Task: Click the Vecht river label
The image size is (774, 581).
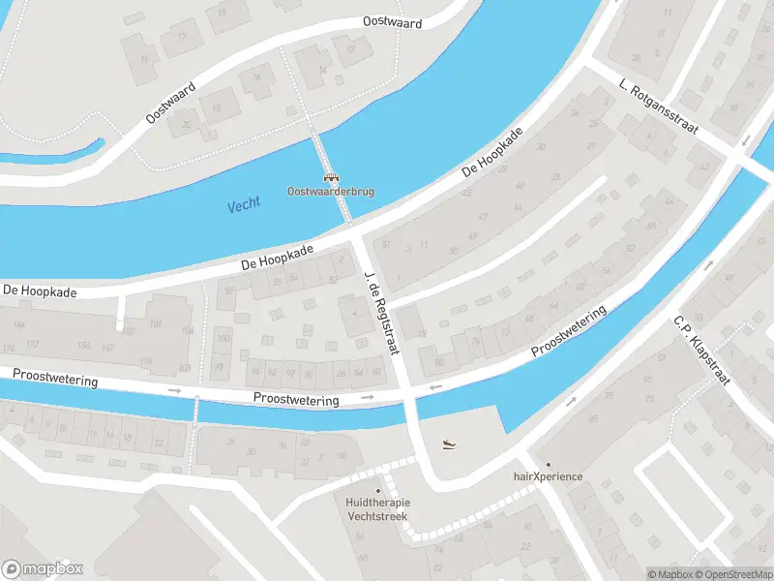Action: tap(244, 205)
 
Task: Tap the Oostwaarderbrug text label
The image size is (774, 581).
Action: tap(331, 192)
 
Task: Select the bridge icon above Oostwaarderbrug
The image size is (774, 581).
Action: tap(331, 177)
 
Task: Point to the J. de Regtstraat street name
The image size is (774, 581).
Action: tap(382, 313)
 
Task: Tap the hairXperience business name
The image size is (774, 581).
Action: tap(548, 476)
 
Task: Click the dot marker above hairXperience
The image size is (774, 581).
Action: tap(548, 464)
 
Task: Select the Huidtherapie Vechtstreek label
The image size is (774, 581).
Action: tap(377, 508)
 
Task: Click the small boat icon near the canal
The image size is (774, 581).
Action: tap(450, 444)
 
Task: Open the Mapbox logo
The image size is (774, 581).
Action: tap(43, 568)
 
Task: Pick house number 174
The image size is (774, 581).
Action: tap(9, 347)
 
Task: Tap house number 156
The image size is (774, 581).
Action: tap(83, 347)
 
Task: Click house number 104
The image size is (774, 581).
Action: tap(187, 331)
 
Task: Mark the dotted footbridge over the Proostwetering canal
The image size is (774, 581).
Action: tap(196, 410)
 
